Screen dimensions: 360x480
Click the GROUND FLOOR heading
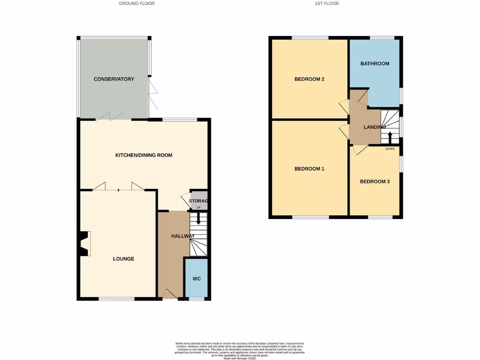point(136,3)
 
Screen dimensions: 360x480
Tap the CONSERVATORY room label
point(114,79)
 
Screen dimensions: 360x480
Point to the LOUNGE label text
point(124,259)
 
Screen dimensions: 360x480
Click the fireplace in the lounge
point(85,244)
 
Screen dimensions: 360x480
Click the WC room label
point(197,279)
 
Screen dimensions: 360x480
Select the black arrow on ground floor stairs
point(198,218)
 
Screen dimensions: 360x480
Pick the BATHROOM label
point(375,64)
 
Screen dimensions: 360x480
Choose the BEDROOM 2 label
point(309,79)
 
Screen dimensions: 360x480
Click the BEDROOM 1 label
point(309,169)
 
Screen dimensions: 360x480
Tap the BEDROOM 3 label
point(375,181)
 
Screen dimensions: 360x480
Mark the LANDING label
point(375,127)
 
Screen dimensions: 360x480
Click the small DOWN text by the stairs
point(390,149)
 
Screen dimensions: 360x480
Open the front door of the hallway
point(170,294)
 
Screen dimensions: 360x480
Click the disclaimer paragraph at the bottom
point(240,351)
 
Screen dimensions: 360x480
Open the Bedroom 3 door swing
point(360,150)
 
